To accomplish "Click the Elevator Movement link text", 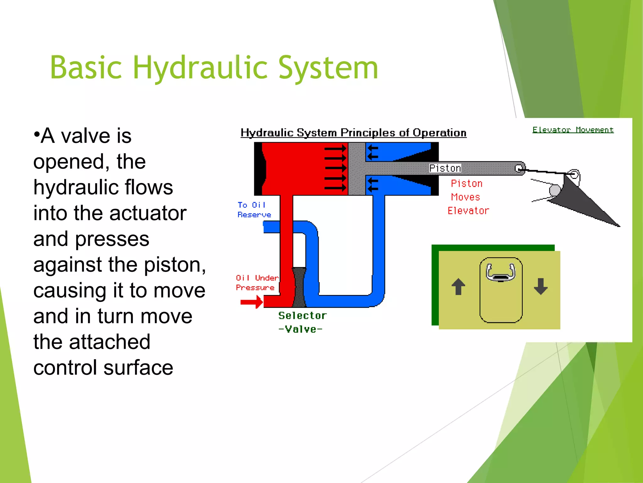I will [573, 130].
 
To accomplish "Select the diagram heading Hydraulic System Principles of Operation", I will [353, 133].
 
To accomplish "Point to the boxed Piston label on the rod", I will [445, 168].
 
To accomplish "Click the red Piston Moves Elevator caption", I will [467, 197].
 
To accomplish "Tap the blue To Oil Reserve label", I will [254, 210].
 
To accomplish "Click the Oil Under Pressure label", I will [257, 282].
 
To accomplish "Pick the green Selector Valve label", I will [302, 322].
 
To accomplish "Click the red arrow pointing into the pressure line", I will [251, 302].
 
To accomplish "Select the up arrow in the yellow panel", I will [458, 286].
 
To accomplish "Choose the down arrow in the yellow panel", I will [541, 286].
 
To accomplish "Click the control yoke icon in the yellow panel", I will [501, 272].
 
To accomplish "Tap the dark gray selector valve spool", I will [299, 287].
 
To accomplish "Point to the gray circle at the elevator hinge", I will [555, 190].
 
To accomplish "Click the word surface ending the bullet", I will [138, 368].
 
